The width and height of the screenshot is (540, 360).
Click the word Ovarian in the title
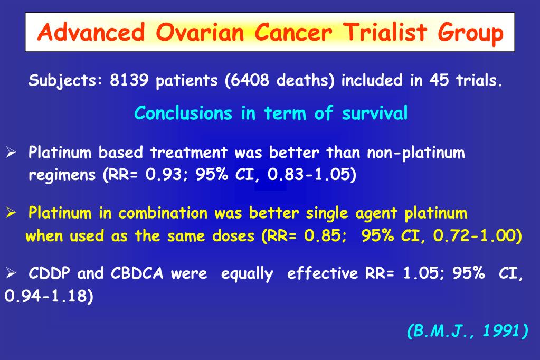(200, 33)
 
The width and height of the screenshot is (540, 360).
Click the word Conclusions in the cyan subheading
(183, 113)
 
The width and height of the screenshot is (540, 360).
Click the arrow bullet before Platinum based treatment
(12, 154)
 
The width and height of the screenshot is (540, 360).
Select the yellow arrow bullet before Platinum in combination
(12, 214)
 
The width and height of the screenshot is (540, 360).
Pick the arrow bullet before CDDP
(12, 274)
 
